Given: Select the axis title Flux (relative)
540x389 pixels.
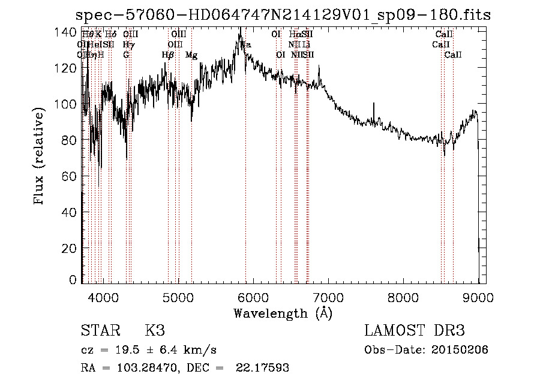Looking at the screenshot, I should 40,157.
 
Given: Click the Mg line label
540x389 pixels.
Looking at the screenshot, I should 191,55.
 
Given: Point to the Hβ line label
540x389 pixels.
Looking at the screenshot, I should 167,55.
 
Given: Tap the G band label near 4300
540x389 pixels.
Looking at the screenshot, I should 127,55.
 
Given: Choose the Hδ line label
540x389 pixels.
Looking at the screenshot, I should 110,35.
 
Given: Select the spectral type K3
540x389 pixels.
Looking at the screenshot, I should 155,331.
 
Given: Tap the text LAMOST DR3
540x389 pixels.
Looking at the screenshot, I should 414,331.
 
